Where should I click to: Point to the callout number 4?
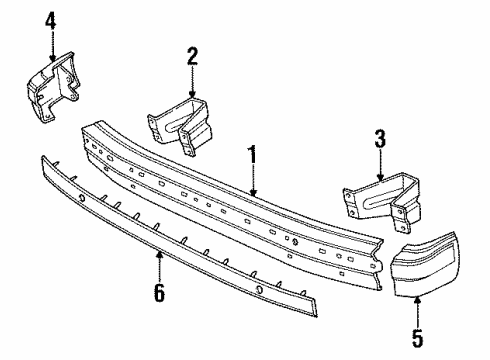pos(52,19)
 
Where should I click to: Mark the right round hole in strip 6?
pos(257,291)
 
